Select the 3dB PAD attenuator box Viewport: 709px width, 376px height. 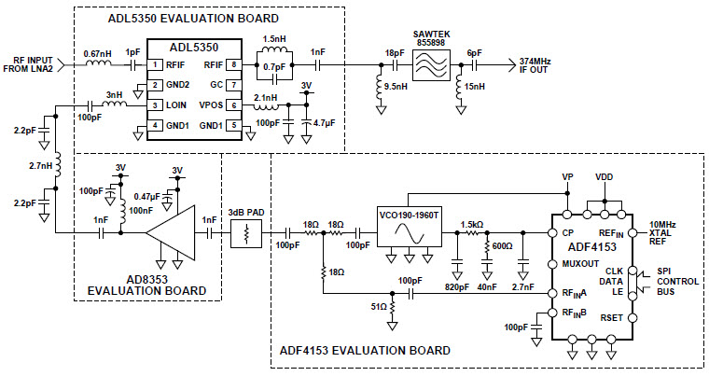(247, 233)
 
